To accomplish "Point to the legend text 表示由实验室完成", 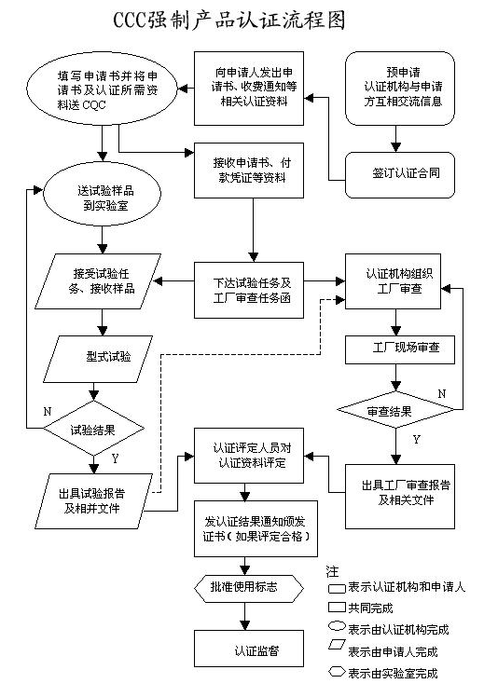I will coord(392,673).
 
